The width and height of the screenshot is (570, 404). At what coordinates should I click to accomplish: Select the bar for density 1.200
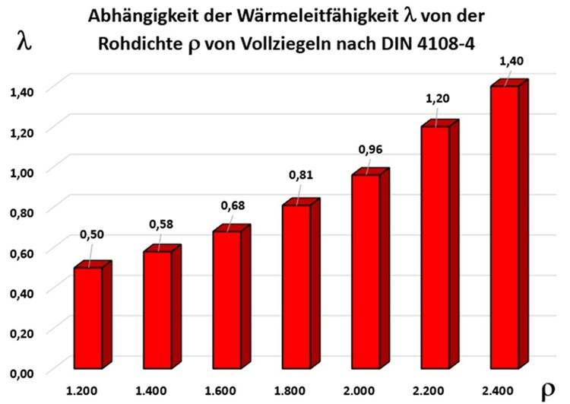coord(87,320)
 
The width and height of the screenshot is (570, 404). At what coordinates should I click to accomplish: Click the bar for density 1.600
coord(226,301)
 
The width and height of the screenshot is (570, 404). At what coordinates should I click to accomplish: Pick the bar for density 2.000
coord(365,273)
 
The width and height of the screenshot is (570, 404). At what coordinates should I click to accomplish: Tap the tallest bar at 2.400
coord(504,228)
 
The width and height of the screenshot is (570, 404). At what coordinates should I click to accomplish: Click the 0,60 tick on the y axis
coord(22,250)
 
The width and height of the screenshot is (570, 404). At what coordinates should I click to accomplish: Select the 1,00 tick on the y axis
coord(22,170)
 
